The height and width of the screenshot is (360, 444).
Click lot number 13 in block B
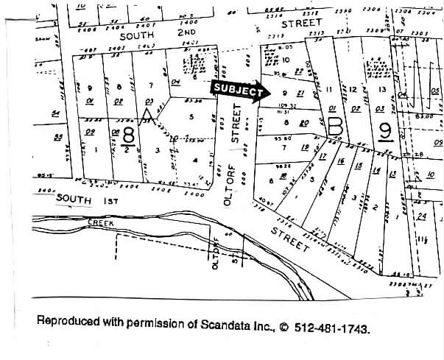pyautogui.click(x=381, y=89)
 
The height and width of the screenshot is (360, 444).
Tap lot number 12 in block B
pyautogui.click(x=354, y=89)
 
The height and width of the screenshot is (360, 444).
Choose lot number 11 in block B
pyautogui.click(x=329, y=89)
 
